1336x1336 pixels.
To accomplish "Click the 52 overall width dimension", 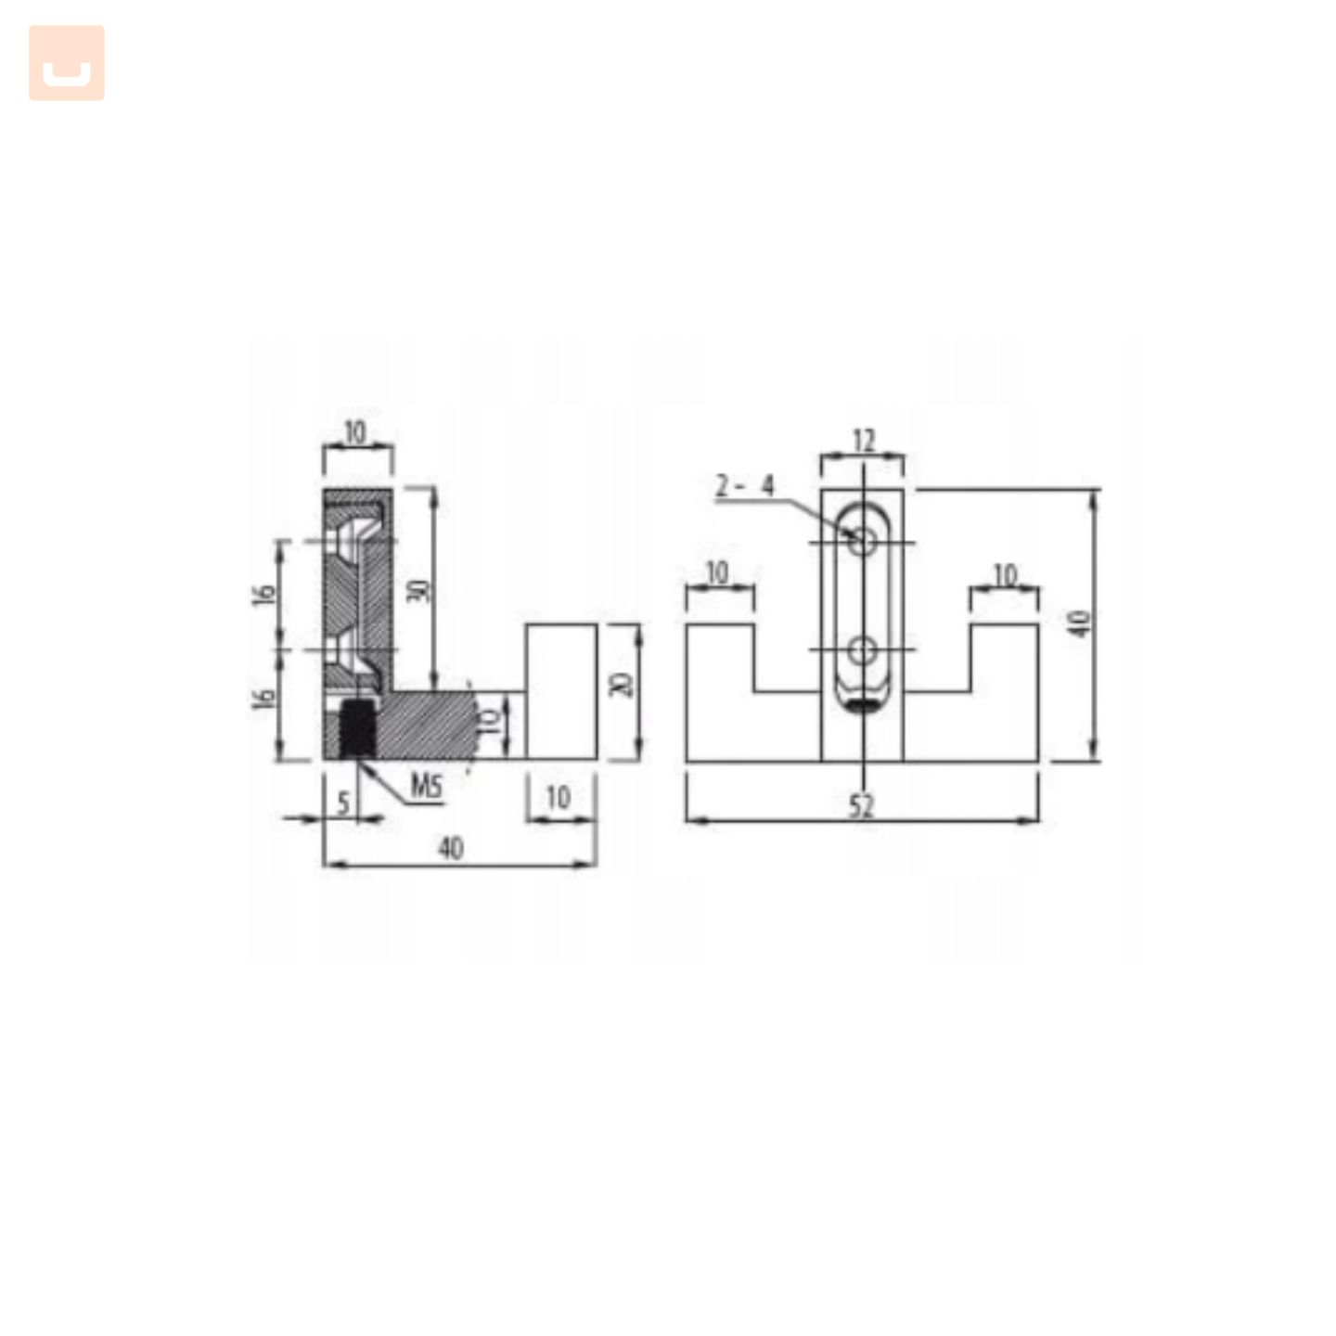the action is tap(861, 805).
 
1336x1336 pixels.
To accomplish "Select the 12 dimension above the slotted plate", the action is tap(863, 441).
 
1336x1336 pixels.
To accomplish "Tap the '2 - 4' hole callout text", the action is tap(744, 486).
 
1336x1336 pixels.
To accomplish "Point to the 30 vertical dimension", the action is tap(418, 590).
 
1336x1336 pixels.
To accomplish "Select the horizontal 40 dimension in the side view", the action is tap(451, 848).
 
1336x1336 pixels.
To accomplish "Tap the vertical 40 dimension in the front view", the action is tap(1080, 623).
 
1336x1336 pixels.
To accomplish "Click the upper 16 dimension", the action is tap(264, 594).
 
